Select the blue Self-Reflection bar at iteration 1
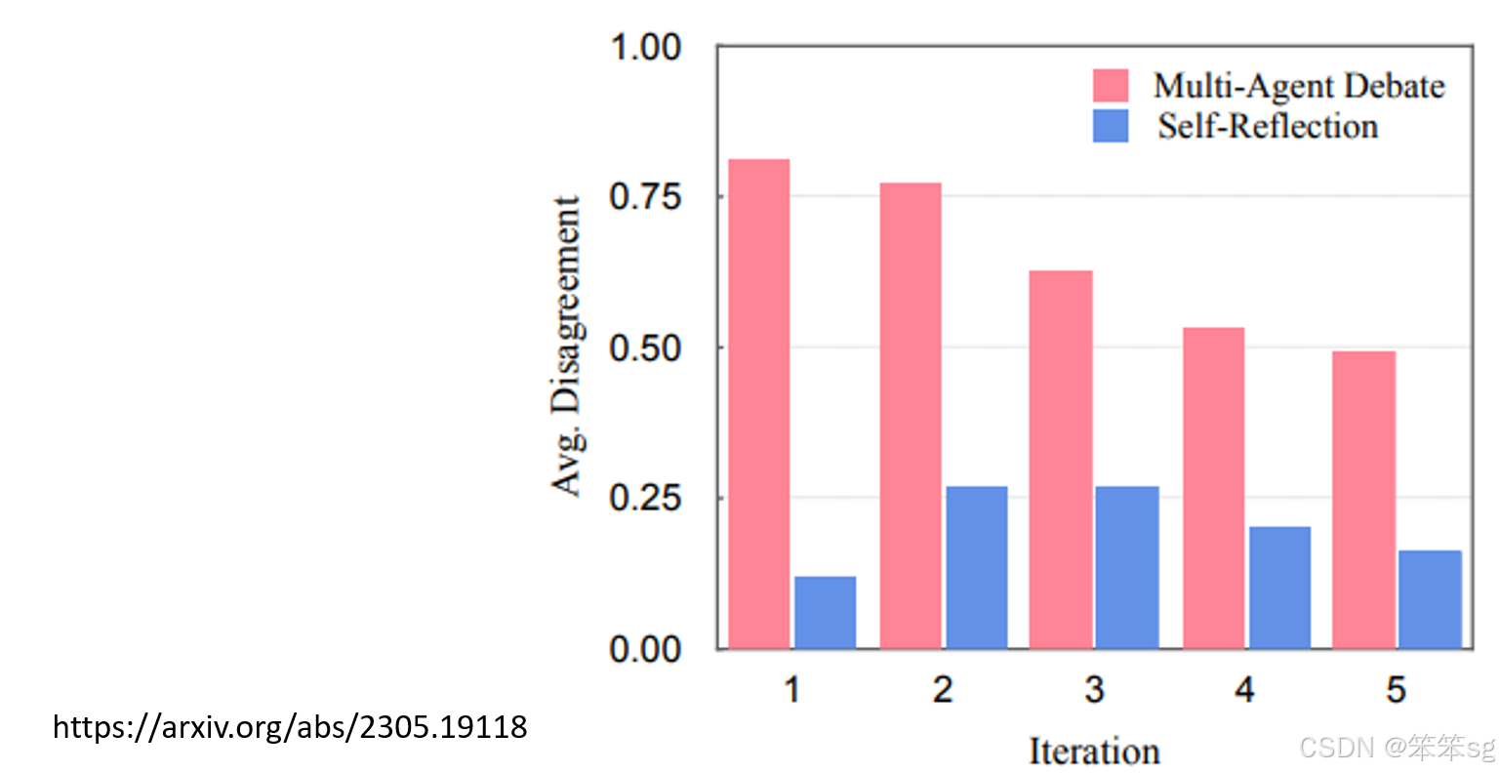pyautogui.click(x=825, y=612)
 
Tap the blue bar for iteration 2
pyautogui.click(x=976, y=567)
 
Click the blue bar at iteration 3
pyautogui.click(x=1127, y=567)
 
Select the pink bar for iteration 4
pyautogui.click(x=1213, y=487)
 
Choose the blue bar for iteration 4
pyautogui.click(x=1279, y=588)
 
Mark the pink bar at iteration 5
pyautogui.click(x=1363, y=499)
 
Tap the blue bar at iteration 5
pyautogui.click(x=1430, y=599)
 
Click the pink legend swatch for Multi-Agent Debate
pyautogui.click(x=1111, y=86)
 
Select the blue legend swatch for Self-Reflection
pyautogui.click(x=1111, y=126)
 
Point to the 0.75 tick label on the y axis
pyautogui.click(x=644, y=196)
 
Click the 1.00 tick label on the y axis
pyautogui.click(x=644, y=47)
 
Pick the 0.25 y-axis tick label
pyautogui.click(x=644, y=498)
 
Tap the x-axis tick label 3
pyautogui.click(x=1094, y=690)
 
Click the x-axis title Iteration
pyautogui.click(x=1094, y=752)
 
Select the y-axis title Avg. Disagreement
pyautogui.click(x=566, y=346)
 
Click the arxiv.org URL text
pyautogui.click(x=290, y=727)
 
